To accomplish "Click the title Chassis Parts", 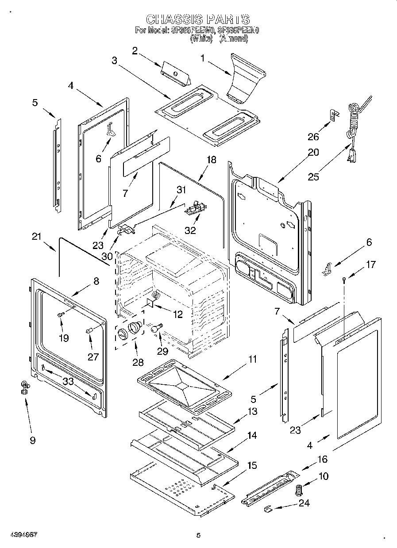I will (198, 19).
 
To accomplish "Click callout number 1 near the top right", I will (202, 58).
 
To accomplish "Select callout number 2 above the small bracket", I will (135, 50).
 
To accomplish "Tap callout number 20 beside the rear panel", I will (313, 153).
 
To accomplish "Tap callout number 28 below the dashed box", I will (138, 362).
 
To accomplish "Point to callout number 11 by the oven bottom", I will (252, 359).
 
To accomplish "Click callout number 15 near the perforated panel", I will (252, 465).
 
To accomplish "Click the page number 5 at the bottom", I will (198, 535).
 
